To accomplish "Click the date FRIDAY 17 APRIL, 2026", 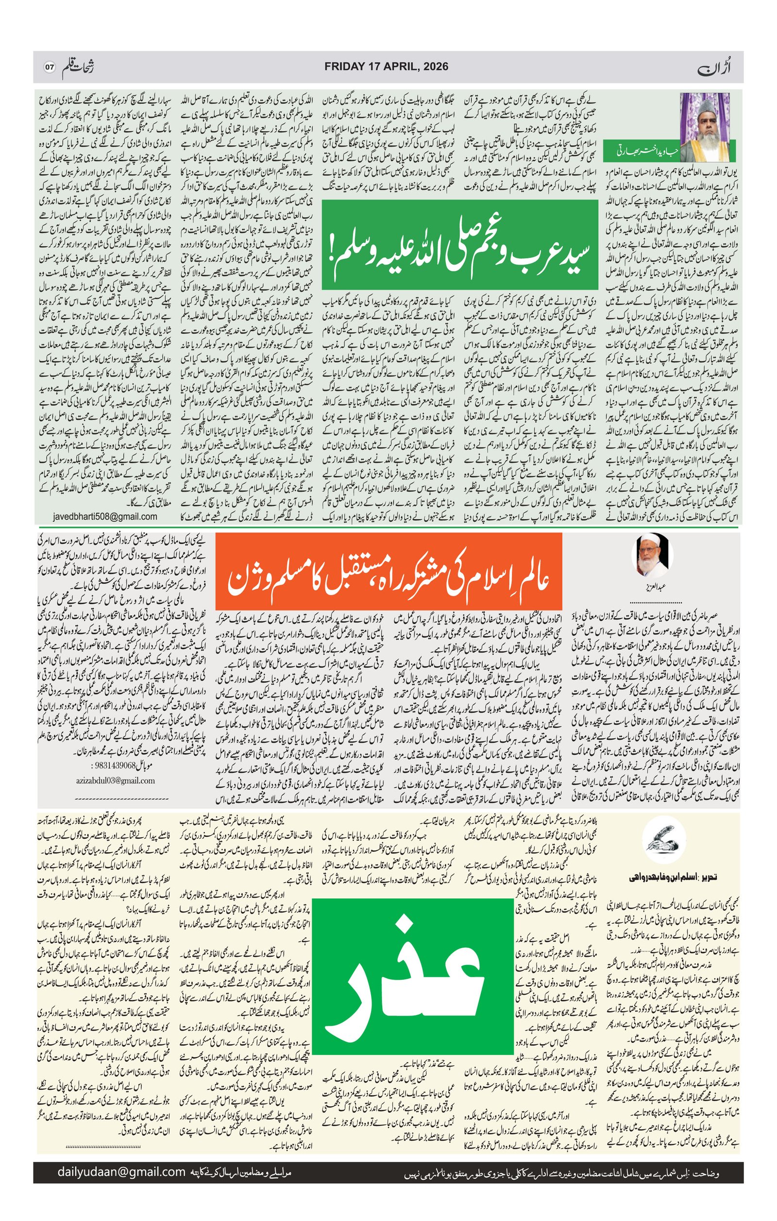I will (x=386, y=67).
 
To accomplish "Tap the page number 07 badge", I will (x=49, y=68).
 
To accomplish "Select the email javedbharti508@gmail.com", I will (x=104, y=517).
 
